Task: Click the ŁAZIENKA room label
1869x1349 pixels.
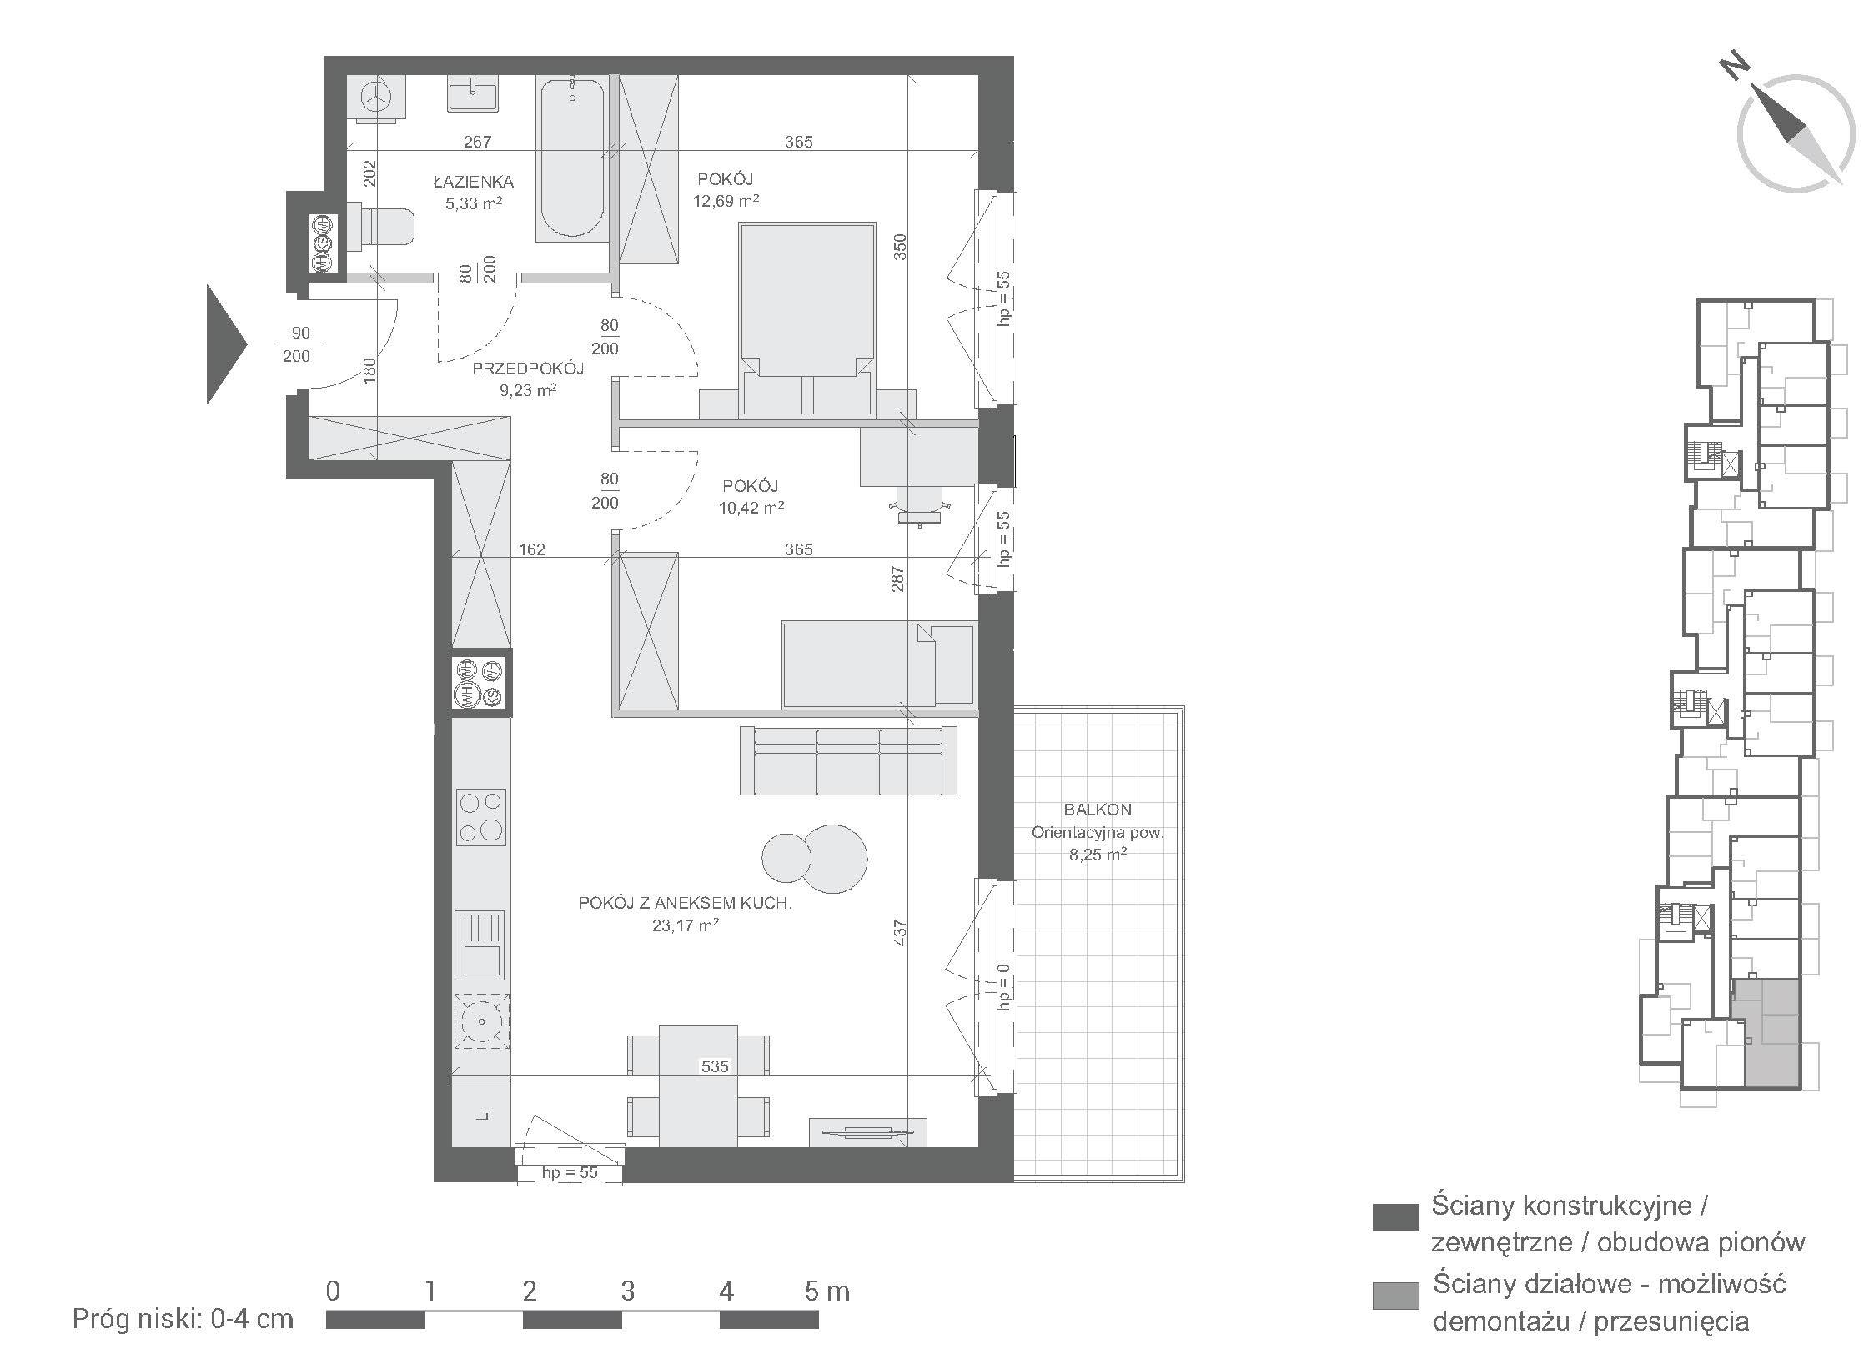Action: (x=473, y=182)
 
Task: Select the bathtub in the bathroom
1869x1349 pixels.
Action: (x=571, y=158)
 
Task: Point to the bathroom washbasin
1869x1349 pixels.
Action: (x=473, y=93)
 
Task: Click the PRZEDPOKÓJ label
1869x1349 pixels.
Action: (x=528, y=369)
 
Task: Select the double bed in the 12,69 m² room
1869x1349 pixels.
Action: (x=807, y=318)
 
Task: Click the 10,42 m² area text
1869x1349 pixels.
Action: (x=751, y=507)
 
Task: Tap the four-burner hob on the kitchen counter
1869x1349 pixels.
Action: (x=481, y=817)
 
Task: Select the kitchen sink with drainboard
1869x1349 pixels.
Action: (x=480, y=945)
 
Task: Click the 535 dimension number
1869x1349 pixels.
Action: (x=715, y=1066)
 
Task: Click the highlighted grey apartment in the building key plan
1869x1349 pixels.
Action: (x=1766, y=1034)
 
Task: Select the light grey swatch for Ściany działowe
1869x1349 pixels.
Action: (x=1395, y=1295)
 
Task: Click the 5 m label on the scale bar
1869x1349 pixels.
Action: (x=826, y=1291)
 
